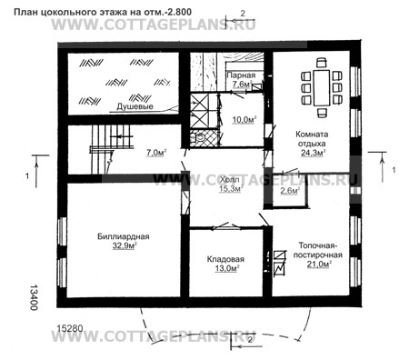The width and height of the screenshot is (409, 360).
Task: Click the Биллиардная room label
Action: tap(124, 236)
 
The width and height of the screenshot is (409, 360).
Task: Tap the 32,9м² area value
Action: tap(125, 246)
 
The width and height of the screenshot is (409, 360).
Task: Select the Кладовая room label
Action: tap(225, 259)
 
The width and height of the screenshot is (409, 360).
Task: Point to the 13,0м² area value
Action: tap(227, 268)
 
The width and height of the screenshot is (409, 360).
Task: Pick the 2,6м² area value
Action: tap(290, 191)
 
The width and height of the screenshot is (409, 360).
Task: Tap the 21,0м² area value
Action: tap(318, 264)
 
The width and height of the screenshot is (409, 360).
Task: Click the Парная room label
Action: tap(241, 75)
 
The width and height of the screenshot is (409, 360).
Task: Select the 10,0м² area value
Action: tap(244, 120)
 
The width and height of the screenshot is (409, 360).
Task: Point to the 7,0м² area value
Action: tap(156, 153)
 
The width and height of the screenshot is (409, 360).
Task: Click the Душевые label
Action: tap(135, 106)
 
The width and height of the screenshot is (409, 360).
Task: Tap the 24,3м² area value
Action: tap(314, 153)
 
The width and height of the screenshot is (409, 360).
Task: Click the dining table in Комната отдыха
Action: tap(322, 87)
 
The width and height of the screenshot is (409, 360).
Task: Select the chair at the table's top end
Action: tap(321, 63)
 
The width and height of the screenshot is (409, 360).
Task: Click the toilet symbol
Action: tap(199, 138)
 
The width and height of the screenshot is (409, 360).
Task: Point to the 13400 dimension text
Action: tap(34, 297)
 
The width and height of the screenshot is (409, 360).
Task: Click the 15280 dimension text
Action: tap(70, 329)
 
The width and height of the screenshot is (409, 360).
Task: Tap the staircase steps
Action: tap(112, 137)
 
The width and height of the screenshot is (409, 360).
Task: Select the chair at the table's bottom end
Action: tap(322, 113)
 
